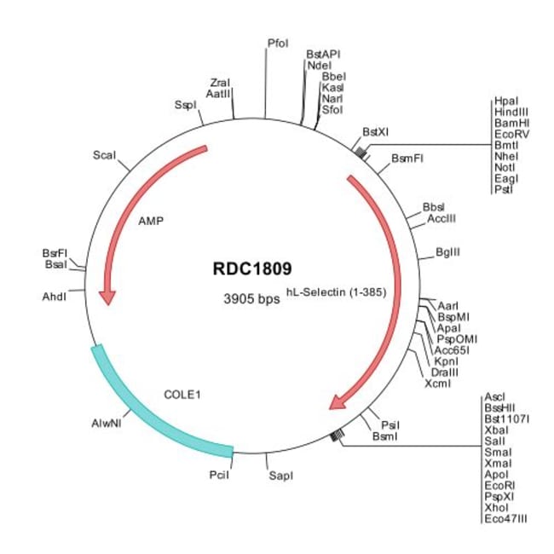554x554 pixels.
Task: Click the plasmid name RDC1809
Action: (x=252, y=268)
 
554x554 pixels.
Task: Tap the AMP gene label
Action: (x=150, y=220)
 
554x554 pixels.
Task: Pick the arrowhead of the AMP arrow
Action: (x=107, y=296)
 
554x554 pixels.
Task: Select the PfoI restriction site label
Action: (x=278, y=43)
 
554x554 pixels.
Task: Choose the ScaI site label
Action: (x=106, y=155)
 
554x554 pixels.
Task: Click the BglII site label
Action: (x=447, y=253)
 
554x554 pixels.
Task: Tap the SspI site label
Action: (x=185, y=105)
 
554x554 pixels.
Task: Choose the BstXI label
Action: (x=375, y=132)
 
